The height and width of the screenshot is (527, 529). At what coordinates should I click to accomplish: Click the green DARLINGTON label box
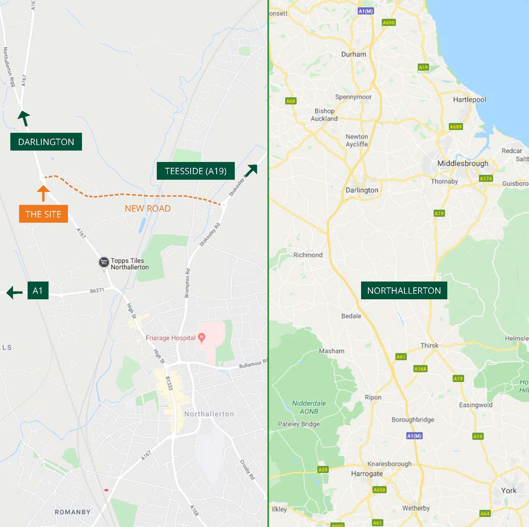[46, 142]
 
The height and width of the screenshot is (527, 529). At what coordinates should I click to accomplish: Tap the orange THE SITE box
[43, 214]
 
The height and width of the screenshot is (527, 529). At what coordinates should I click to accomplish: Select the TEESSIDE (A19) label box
[196, 171]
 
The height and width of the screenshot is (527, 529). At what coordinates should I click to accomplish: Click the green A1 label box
[38, 290]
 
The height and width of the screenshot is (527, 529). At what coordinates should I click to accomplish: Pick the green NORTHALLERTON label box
[404, 290]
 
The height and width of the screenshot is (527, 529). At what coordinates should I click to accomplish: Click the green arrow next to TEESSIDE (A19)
[251, 170]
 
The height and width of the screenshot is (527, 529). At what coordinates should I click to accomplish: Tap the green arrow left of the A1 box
[14, 292]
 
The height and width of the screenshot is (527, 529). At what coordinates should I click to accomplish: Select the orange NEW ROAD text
[148, 209]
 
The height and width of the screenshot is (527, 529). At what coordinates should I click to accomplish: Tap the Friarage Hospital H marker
[202, 337]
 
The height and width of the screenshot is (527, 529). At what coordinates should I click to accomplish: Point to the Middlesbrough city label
[463, 163]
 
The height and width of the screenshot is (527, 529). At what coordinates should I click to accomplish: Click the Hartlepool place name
[469, 99]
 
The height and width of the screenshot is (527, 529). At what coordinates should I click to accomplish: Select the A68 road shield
[290, 101]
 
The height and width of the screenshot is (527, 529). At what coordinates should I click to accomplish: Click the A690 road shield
[388, 23]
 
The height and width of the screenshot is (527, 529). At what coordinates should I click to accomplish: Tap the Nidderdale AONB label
[309, 407]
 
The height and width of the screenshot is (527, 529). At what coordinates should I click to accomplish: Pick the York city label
[509, 490]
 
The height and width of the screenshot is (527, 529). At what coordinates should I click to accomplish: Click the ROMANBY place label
[73, 512]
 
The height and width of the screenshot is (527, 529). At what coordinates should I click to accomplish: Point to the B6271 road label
[97, 291]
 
